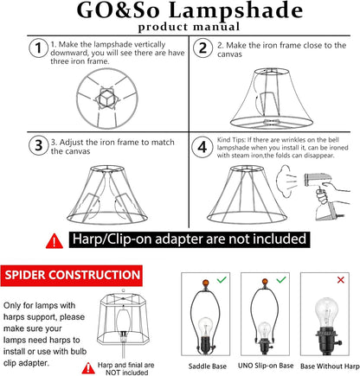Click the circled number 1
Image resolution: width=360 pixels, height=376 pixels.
point(38,48)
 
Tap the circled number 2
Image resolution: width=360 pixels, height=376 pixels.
point(202,48)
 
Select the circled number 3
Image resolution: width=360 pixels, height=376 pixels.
point(38,145)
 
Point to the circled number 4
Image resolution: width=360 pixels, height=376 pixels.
point(202,147)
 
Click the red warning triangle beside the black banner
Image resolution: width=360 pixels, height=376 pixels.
point(55,241)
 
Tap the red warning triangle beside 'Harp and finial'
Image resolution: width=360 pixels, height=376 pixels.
point(88,368)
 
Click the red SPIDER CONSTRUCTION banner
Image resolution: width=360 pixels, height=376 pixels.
point(72,275)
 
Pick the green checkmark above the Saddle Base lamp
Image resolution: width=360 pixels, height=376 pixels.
point(222,279)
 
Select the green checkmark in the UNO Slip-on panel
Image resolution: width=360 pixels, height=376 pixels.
point(281,279)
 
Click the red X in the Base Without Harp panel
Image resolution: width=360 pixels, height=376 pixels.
point(341,280)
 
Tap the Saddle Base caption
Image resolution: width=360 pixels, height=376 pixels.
point(208,366)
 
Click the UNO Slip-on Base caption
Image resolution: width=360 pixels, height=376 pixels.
point(266,366)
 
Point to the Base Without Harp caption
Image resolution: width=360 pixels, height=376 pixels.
point(330,366)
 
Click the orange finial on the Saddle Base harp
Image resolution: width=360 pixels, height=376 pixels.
point(205,283)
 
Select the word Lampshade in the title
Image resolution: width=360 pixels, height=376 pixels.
point(235,10)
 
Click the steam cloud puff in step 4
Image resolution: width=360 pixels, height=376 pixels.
point(283,181)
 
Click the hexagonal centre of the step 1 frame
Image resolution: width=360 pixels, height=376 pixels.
point(107,99)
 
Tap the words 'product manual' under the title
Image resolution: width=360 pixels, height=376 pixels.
point(189,27)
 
